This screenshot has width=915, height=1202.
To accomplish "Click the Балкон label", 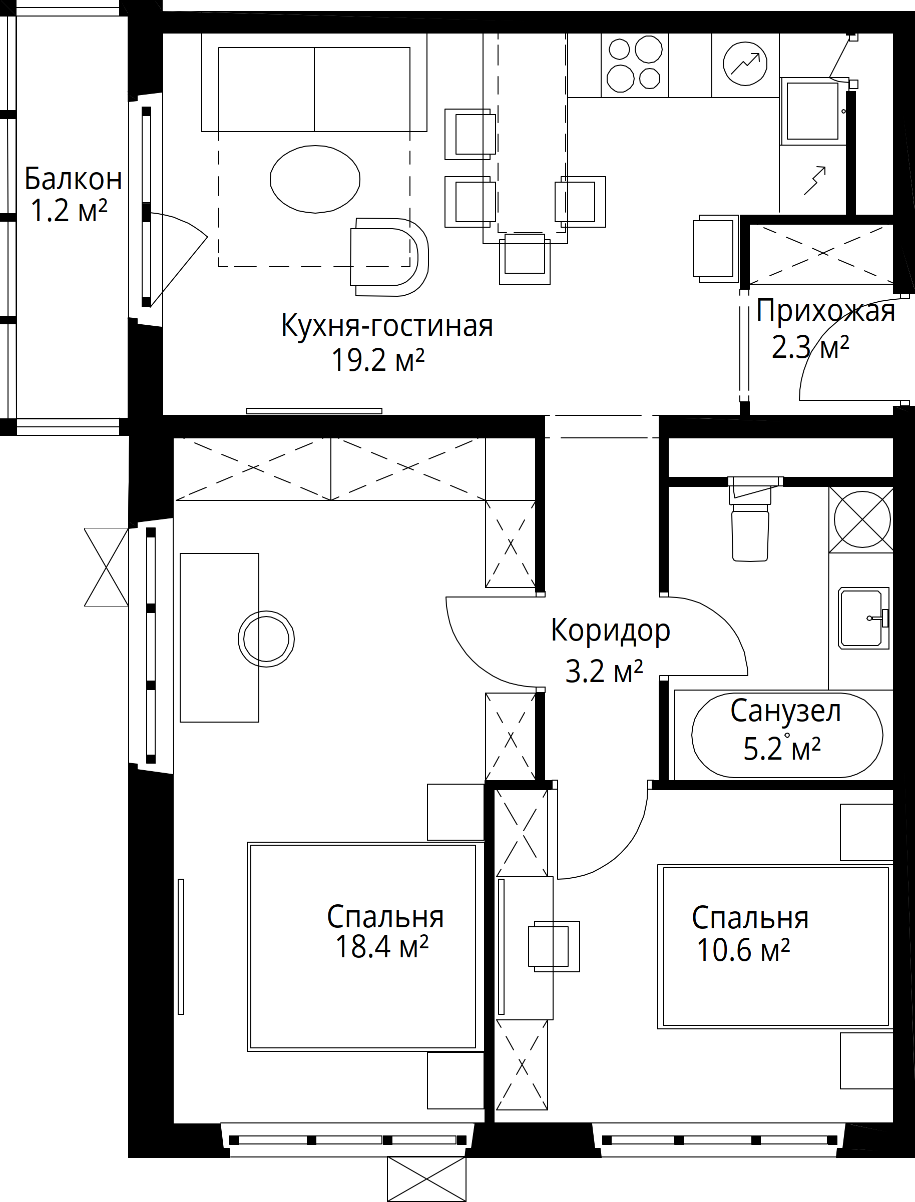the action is [x=74, y=179].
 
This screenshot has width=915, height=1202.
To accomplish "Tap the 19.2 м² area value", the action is [x=378, y=360].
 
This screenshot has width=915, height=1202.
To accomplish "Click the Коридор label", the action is [x=611, y=631].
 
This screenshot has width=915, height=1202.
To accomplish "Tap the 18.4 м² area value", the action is [x=382, y=947].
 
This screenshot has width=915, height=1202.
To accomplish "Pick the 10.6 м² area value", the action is [x=743, y=950].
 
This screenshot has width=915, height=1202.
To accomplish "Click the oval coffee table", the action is [x=315, y=179].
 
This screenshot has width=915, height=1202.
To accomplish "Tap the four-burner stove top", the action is [x=635, y=64].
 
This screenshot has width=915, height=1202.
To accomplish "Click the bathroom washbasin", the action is [x=863, y=618].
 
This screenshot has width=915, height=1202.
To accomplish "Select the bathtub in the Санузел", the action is [x=787, y=735].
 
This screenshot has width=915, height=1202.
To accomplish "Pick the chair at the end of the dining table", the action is [x=525, y=258].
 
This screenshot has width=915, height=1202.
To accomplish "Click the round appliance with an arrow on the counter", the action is [x=745, y=64].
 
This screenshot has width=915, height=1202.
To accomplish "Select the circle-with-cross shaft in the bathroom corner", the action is [x=862, y=519].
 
